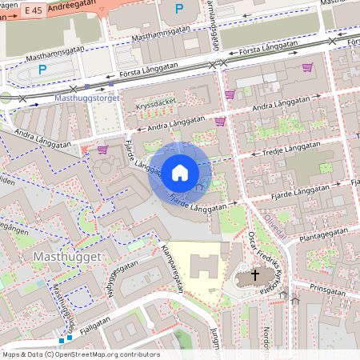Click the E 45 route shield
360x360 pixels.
tap(32, 10)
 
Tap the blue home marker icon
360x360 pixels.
tap(179, 172)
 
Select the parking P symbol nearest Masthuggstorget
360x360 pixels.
tap(42, 70)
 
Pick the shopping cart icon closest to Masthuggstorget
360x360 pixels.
tap(102, 149)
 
